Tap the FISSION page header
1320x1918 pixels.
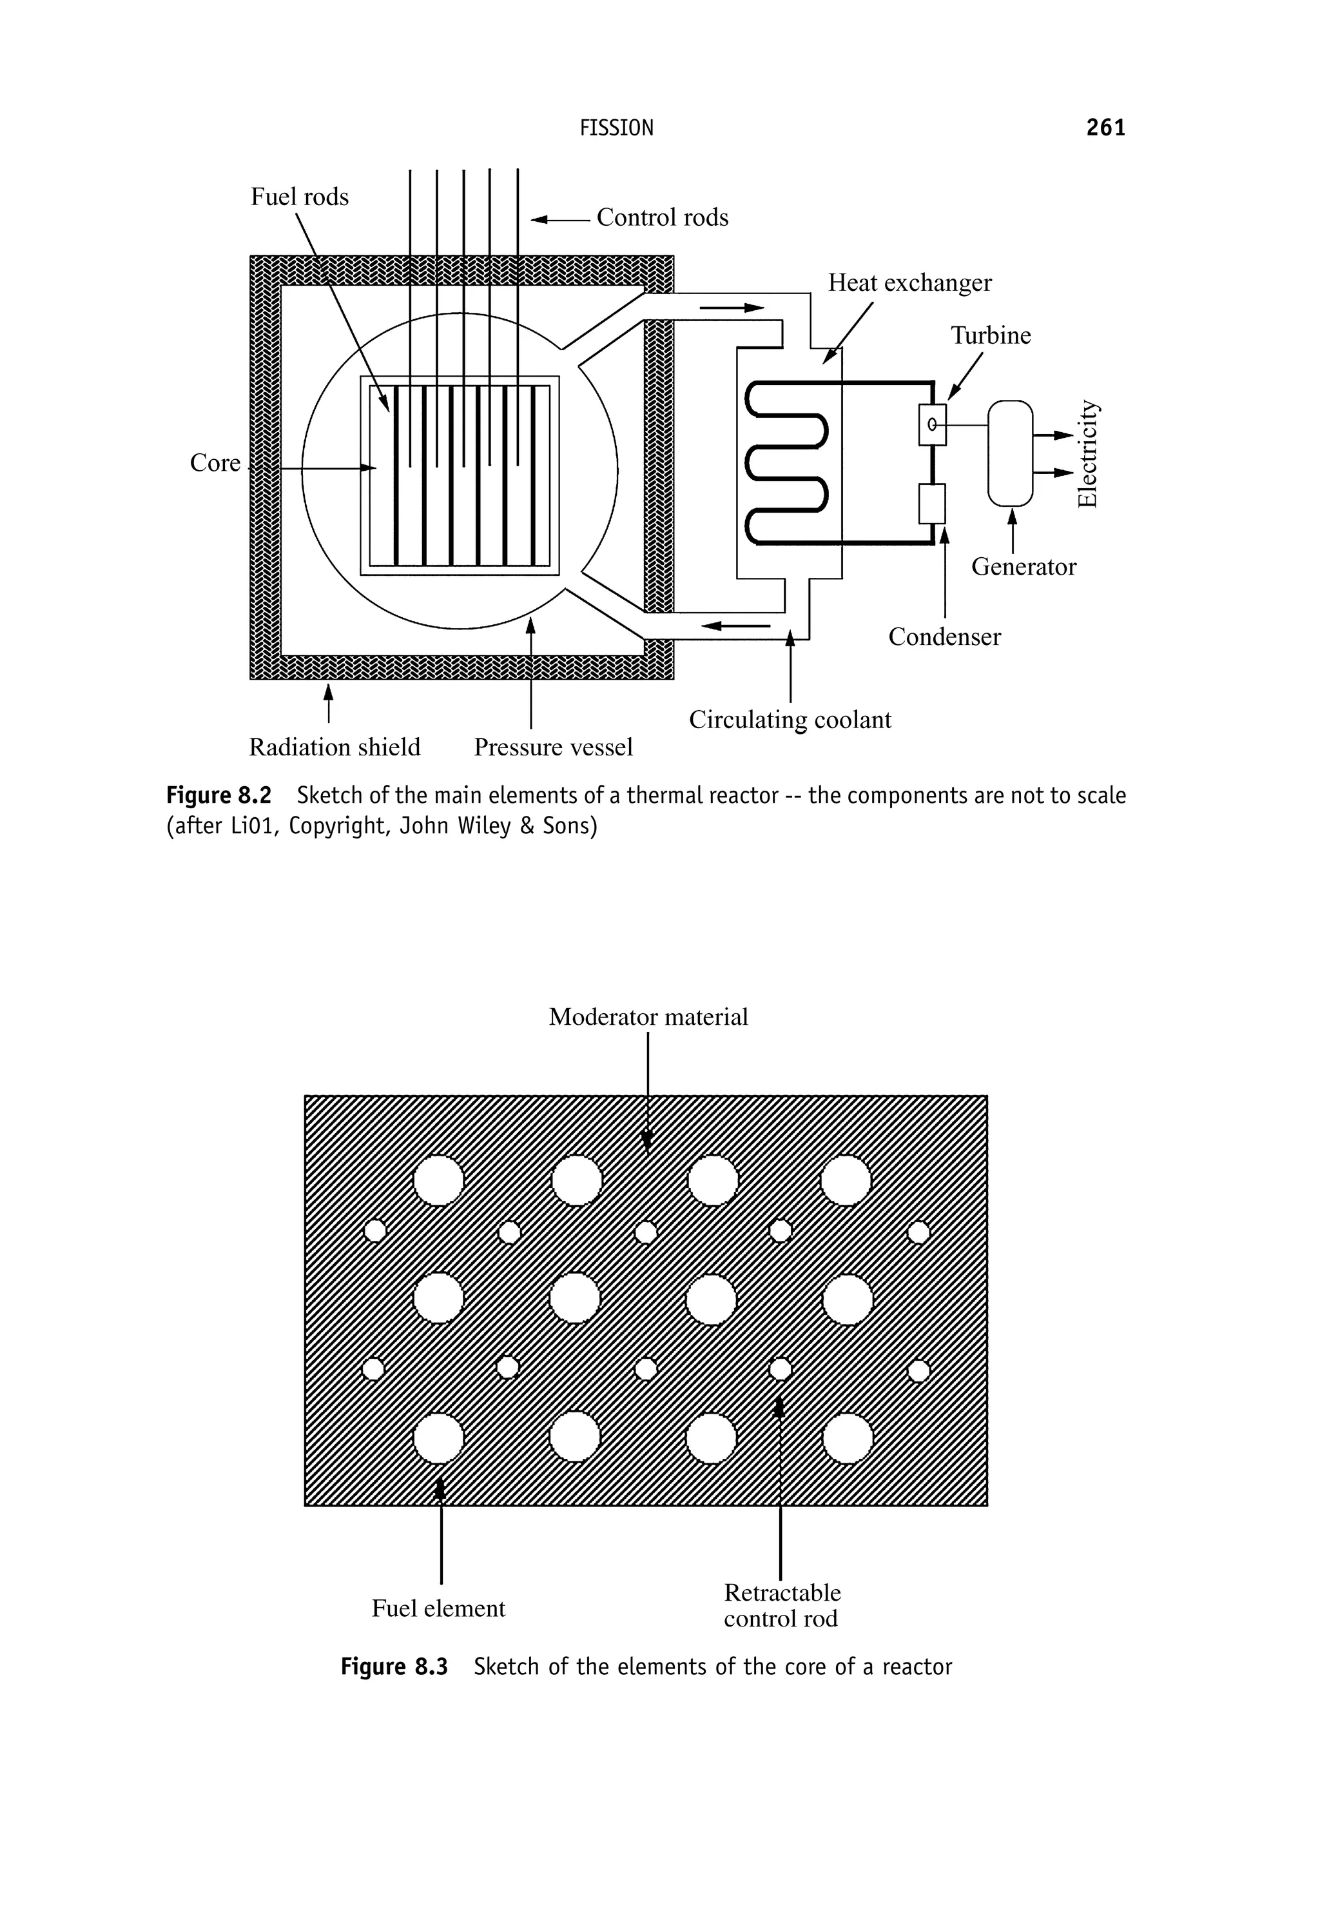point(616,128)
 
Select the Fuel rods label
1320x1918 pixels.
point(300,197)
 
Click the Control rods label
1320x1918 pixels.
point(662,217)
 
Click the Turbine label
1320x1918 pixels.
point(990,335)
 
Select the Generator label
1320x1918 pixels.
point(1023,567)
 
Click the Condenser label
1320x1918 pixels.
point(944,637)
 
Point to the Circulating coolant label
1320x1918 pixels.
point(790,720)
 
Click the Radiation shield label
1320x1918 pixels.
point(334,747)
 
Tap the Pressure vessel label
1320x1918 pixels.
point(552,747)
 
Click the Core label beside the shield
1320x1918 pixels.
point(215,462)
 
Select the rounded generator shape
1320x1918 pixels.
point(1010,453)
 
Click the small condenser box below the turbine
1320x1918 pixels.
point(931,504)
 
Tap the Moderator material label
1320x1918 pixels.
point(648,1017)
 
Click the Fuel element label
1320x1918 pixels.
point(438,1608)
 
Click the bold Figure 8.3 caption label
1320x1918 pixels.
point(394,1666)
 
